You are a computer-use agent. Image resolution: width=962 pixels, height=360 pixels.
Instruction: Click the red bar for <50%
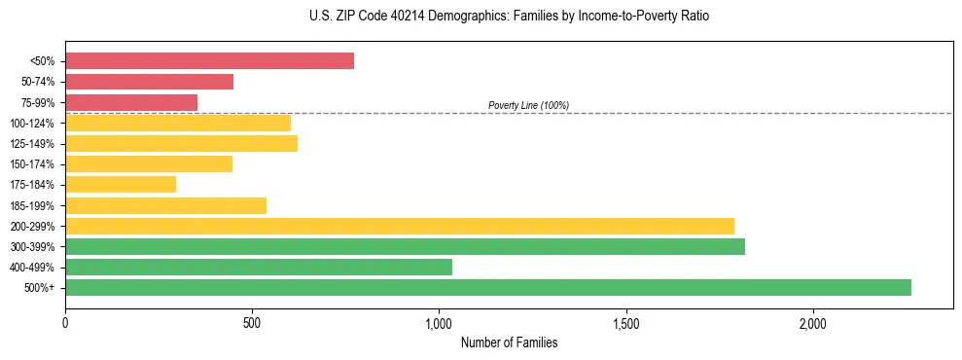[x=209, y=61]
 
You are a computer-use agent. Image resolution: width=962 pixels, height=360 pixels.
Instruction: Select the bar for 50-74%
[x=149, y=82]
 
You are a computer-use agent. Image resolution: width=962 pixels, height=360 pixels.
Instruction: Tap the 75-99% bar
[x=131, y=102]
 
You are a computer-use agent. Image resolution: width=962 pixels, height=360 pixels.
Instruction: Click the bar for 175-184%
[x=121, y=185]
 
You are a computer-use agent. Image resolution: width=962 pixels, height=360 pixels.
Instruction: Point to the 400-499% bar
[x=259, y=267]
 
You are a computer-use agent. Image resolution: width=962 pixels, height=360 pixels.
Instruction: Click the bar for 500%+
[x=488, y=287]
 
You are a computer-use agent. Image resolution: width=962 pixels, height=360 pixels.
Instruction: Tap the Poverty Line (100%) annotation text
[x=528, y=105]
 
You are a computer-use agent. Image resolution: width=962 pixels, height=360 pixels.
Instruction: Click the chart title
[x=510, y=17]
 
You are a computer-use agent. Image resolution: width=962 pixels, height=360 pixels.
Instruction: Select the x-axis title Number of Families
[x=509, y=342]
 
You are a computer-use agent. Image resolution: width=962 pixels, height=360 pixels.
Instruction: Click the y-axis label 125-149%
[x=32, y=144]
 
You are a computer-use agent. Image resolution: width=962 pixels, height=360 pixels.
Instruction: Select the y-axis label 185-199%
[x=32, y=205]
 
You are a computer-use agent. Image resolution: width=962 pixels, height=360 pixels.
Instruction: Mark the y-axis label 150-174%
[x=32, y=164]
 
